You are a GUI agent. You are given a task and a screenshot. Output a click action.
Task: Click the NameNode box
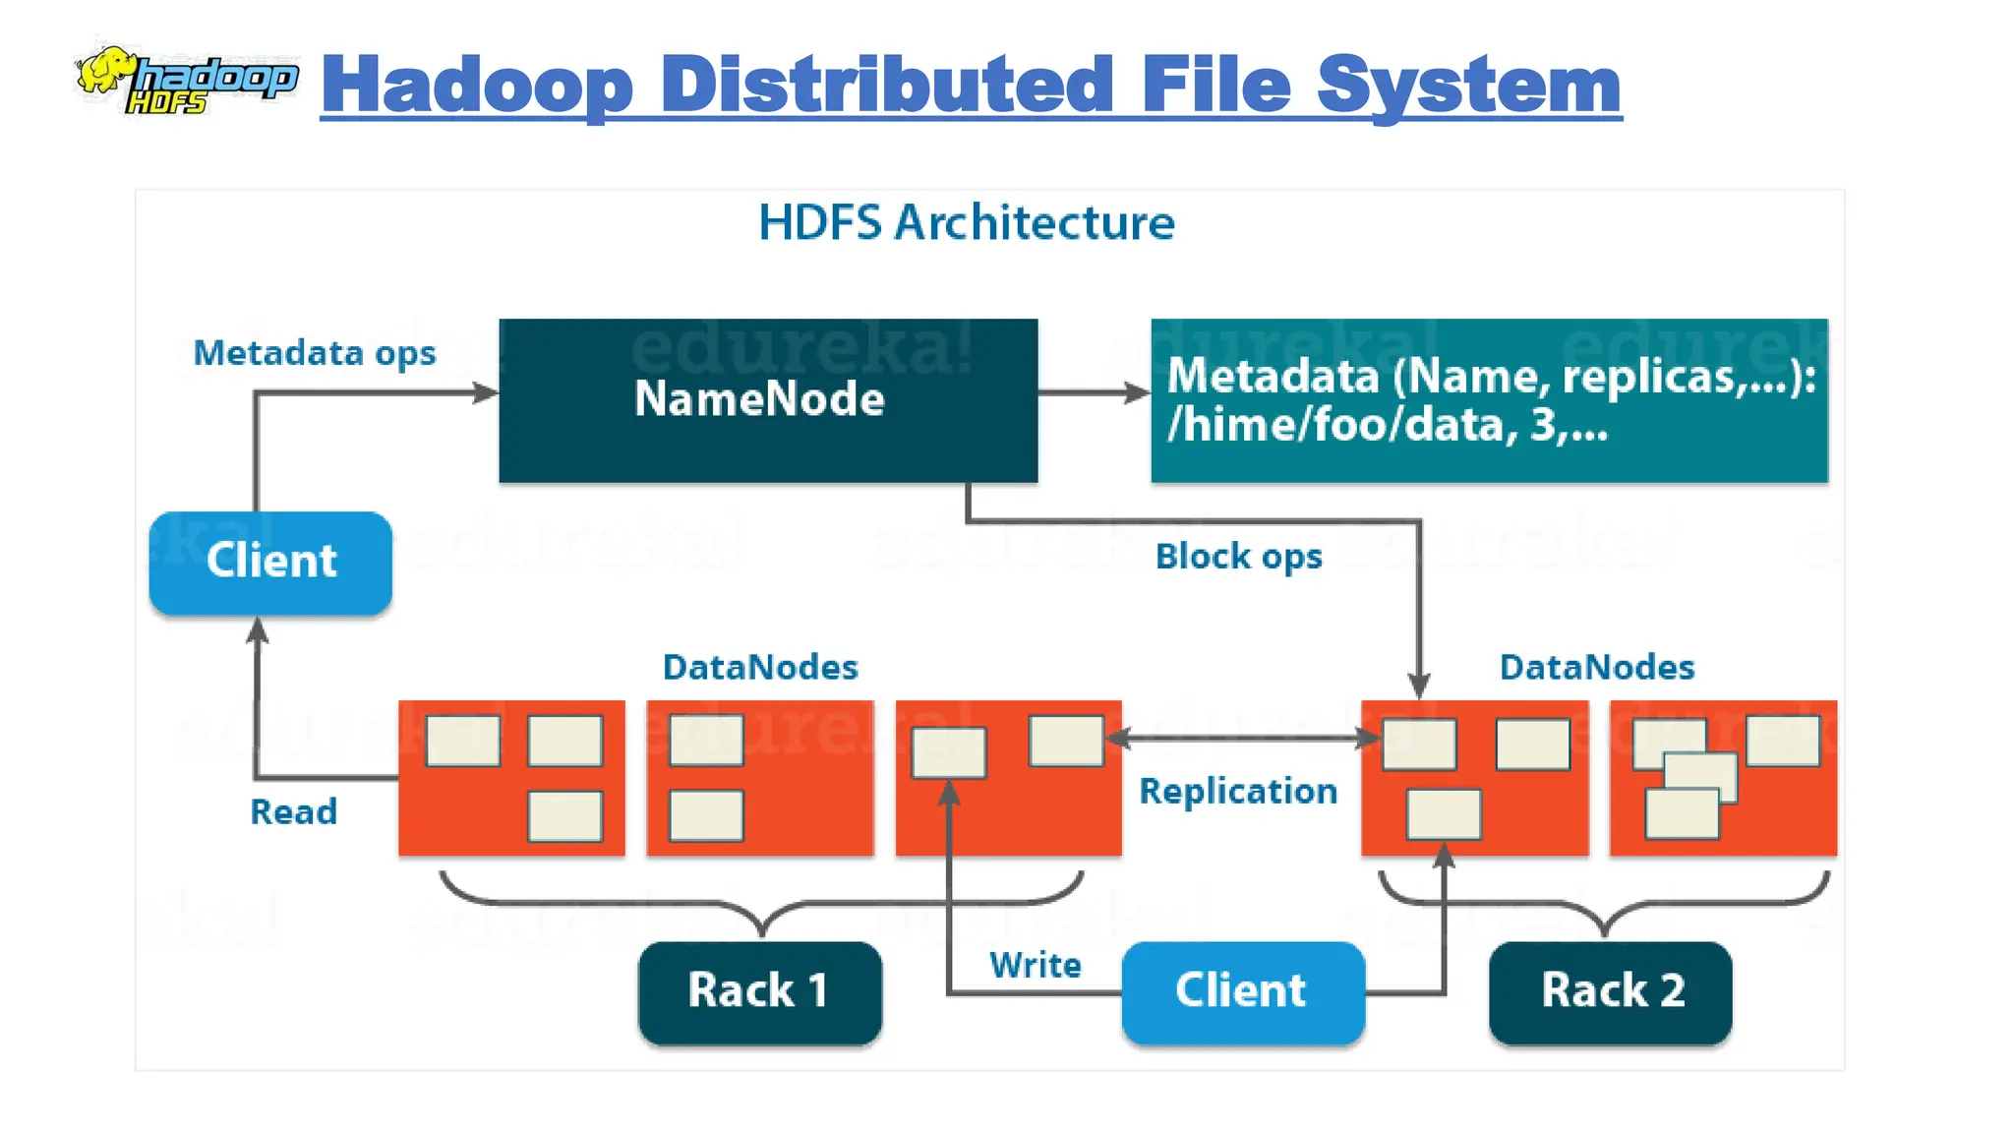[x=768, y=400]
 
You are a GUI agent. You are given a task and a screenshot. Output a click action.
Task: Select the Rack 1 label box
[x=759, y=991]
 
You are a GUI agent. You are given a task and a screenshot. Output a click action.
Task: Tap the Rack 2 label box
[x=1611, y=991]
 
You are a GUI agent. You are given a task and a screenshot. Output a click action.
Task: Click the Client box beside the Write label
[x=1242, y=991]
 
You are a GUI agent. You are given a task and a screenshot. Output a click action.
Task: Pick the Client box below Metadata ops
[x=270, y=563]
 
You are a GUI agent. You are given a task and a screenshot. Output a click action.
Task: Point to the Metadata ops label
[x=314, y=353]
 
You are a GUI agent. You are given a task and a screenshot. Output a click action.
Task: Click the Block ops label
[x=1238, y=557]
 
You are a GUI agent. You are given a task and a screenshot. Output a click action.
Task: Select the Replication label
[x=1237, y=792]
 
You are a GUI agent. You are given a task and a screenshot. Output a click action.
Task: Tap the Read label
[x=293, y=812]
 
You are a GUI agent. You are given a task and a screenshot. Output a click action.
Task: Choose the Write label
[x=1035, y=966]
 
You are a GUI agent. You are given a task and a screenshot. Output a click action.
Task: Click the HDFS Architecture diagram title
[x=967, y=223]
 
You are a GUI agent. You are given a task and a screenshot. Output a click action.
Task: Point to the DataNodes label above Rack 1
[x=760, y=668]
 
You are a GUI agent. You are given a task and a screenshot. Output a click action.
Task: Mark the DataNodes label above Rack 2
[x=1596, y=668]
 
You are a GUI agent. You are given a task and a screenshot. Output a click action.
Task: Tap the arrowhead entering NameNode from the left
[x=486, y=393]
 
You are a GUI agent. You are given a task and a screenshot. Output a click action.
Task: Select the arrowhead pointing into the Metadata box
[x=1138, y=393]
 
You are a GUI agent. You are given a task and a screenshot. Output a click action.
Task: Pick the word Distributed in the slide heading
[x=887, y=86]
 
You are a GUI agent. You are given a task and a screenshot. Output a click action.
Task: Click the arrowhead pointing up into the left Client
[x=258, y=629]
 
